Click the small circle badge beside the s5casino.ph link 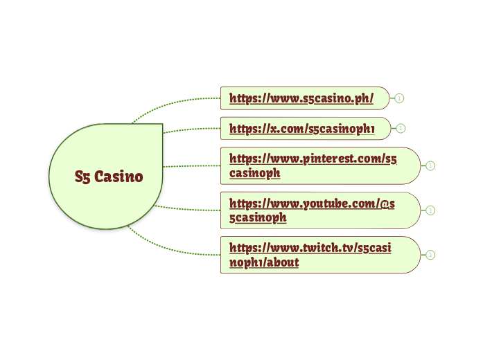400,98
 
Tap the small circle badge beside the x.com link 401,128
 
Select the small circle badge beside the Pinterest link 430,165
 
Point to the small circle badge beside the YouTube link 430,210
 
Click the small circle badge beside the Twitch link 430,255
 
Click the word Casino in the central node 118,177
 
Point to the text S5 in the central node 82,177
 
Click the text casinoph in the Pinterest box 254,173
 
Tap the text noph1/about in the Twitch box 264,262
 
